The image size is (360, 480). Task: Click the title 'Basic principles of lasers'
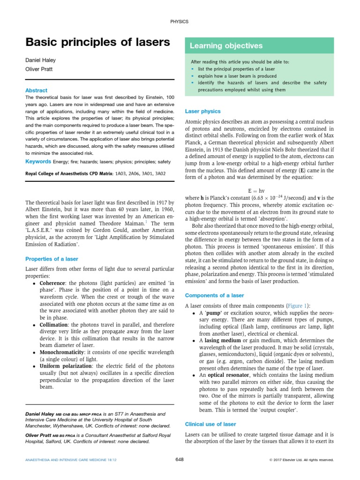pyautogui.click(x=97, y=43)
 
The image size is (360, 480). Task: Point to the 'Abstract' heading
pyautogui.click(x=36, y=90)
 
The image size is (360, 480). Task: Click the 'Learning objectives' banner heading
pyautogui.click(x=226, y=46)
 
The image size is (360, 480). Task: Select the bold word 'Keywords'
pyautogui.click(x=38, y=162)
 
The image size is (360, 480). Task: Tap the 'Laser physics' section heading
pyautogui.click(x=203, y=112)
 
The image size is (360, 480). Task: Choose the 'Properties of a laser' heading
pyautogui.click(x=52, y=259)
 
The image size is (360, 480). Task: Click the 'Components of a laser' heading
pyautogui.click(x=215, y=295)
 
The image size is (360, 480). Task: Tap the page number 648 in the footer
pyautogui.click(x=180, y=460)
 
